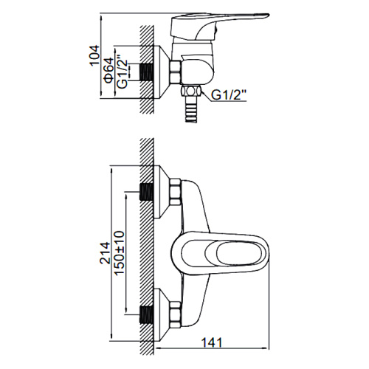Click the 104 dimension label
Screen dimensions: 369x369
pos(95,55)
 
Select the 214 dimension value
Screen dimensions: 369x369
pos(106,253)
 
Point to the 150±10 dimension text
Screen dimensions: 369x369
pos(120,253)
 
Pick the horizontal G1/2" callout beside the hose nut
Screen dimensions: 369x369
pos(229,95)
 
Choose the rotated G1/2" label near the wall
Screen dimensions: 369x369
pos(123,71)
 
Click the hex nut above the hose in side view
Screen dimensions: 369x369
pos(191,92)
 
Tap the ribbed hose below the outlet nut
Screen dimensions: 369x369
pos(191,110)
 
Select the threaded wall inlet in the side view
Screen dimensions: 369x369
pos(147,72)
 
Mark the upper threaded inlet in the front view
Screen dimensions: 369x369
pos(147,192)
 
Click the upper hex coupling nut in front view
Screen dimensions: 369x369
pos(176,192)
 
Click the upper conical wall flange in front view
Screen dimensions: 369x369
pos(162,192)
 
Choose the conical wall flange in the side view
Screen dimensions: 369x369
pos(162,72)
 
